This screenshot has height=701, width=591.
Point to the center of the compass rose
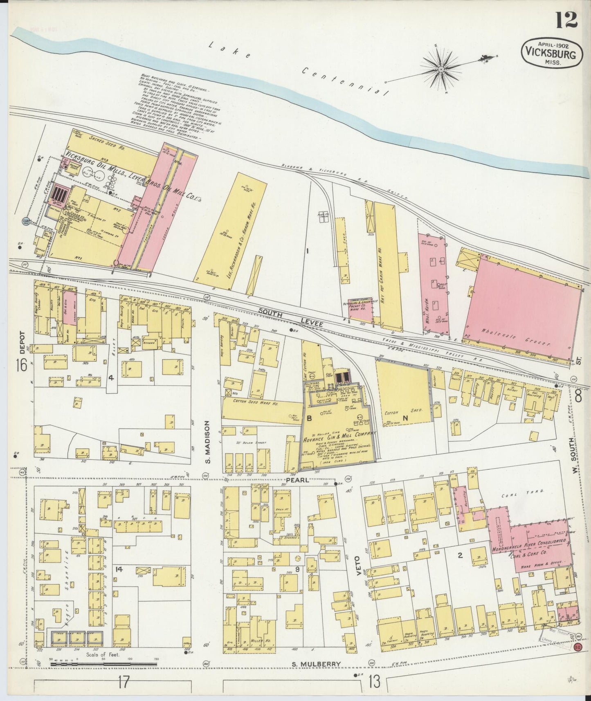(441, 70)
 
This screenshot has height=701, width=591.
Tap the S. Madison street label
(207, 443)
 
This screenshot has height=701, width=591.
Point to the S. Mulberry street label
(317, 663)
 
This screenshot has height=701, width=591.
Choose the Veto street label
(358, 566)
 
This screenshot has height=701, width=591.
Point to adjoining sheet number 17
(124, 682)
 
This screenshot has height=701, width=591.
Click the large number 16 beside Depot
(22, 365)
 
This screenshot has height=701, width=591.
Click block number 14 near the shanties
(119, 568)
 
